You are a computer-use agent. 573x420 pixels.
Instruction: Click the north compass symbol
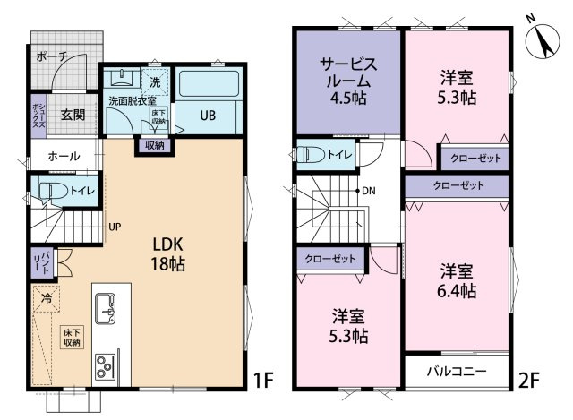[x=542, y=39]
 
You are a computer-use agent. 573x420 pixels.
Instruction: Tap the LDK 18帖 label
[x=168, y=254]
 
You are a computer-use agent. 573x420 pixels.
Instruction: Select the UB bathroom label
[x=208, y=116]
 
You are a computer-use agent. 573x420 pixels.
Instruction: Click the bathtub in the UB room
[x=209, y=83]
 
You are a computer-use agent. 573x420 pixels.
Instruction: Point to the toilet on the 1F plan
[x=54, y=191]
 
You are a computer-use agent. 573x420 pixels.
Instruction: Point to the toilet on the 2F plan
[x=311, y=155]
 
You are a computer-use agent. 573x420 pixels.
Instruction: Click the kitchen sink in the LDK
[x=105, y=308]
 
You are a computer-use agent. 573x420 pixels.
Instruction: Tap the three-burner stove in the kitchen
[x=105, y=366]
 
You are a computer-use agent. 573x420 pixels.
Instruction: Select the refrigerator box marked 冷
[x=47, y=298]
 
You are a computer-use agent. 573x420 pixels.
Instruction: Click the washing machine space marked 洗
[x=155, y=81]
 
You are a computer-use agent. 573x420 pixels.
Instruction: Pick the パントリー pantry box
[x=42, y=262]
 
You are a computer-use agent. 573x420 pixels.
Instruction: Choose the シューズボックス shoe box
[x=38, y=116]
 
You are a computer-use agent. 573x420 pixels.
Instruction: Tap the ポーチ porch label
[x=52, y=56]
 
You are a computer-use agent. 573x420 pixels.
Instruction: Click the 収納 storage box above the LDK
[x=155, y=145]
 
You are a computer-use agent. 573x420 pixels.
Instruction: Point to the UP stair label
[x=115, y=227]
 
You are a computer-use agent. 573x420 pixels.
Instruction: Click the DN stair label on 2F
[x=369, y=191]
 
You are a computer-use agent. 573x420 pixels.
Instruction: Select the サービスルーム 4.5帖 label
[x=348, y=81]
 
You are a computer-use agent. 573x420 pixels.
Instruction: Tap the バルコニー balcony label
[x=457, y=372]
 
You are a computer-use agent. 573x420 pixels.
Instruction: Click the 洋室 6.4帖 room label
[x=457, y=281]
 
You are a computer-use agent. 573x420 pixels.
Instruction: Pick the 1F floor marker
[x=263, y=381]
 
